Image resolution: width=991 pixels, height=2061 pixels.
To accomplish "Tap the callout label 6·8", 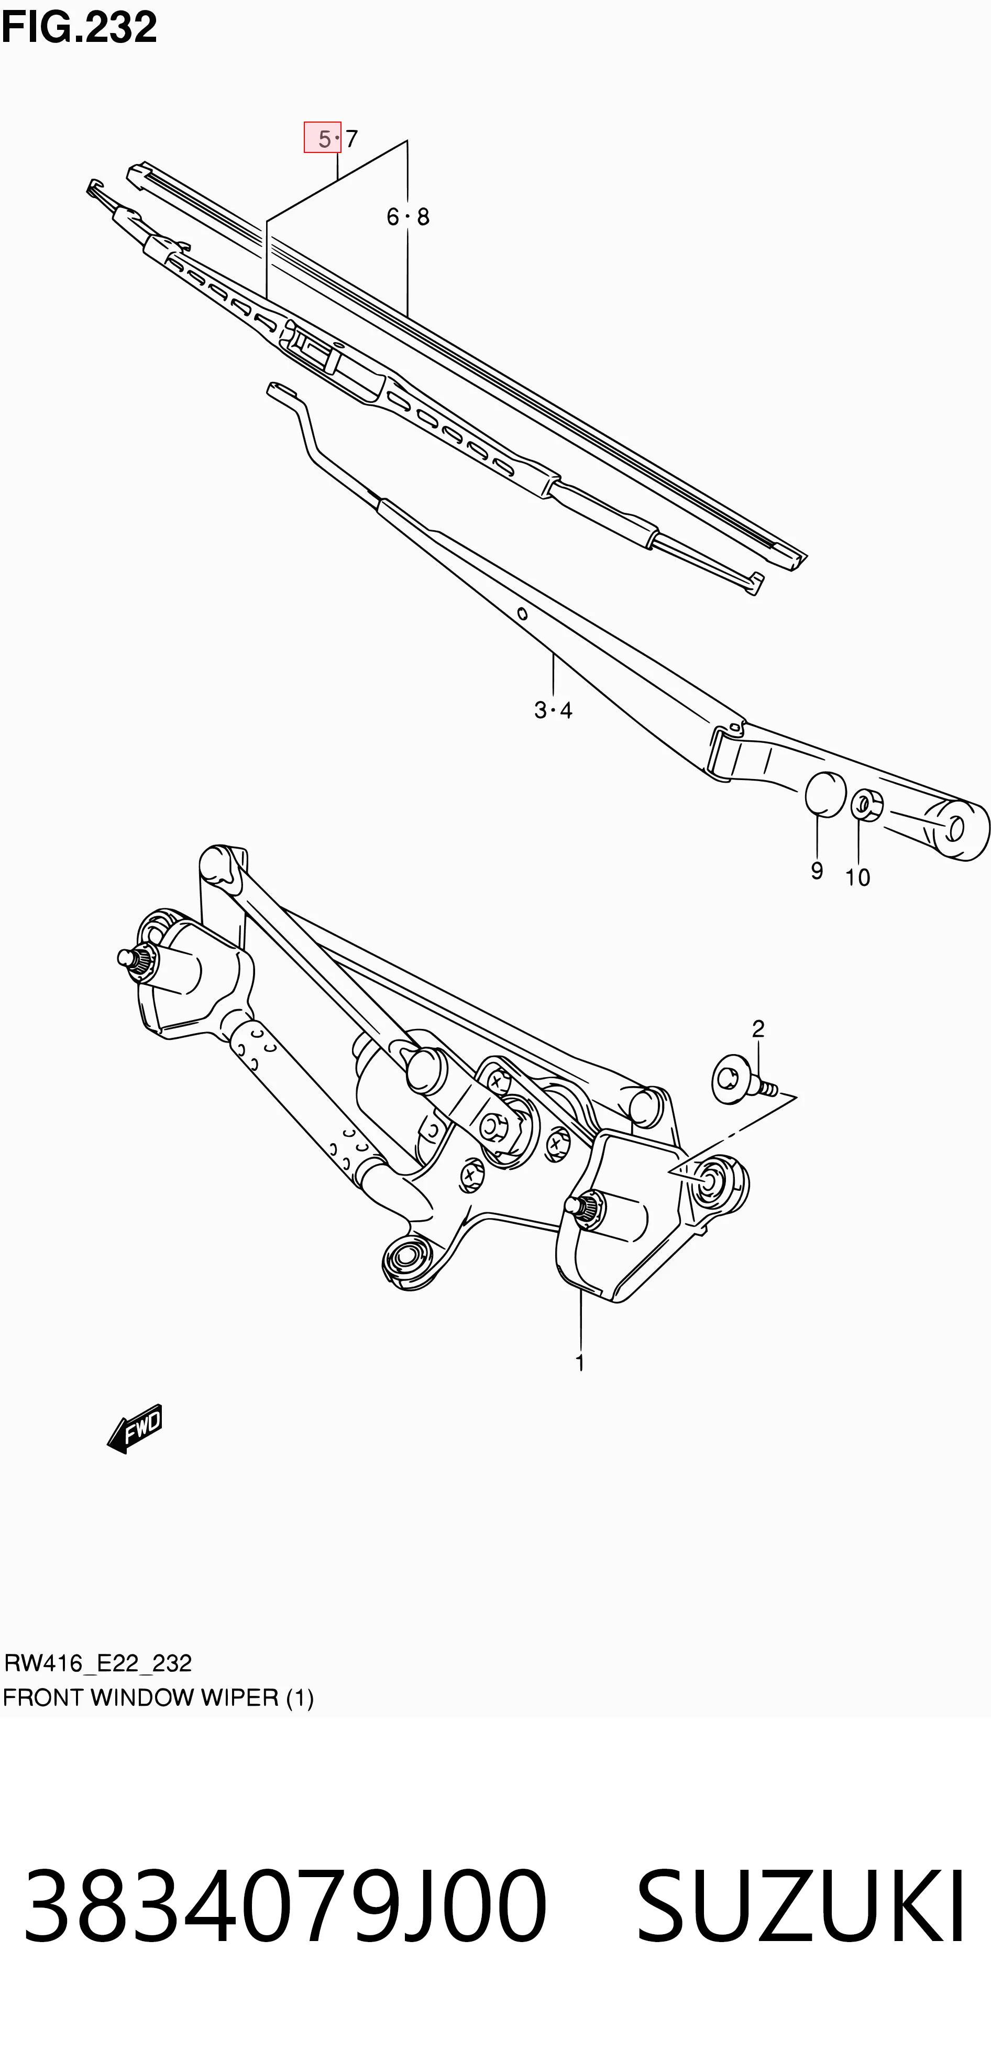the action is pyautogui.click(x=408, y=217).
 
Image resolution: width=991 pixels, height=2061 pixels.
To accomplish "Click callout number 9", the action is pyautogui.click(x=817, y=871).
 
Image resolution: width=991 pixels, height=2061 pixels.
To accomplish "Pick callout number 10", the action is pyautogui.click(x=857, y=878).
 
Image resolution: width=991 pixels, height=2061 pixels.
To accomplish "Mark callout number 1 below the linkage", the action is pyautogui.click(x=580, y=1363).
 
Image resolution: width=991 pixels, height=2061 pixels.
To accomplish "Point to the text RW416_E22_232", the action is pyautogui.click(x=97, y=1663).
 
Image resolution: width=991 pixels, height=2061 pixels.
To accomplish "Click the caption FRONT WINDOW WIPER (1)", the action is pyautogui.click(x=158, y=1698).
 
